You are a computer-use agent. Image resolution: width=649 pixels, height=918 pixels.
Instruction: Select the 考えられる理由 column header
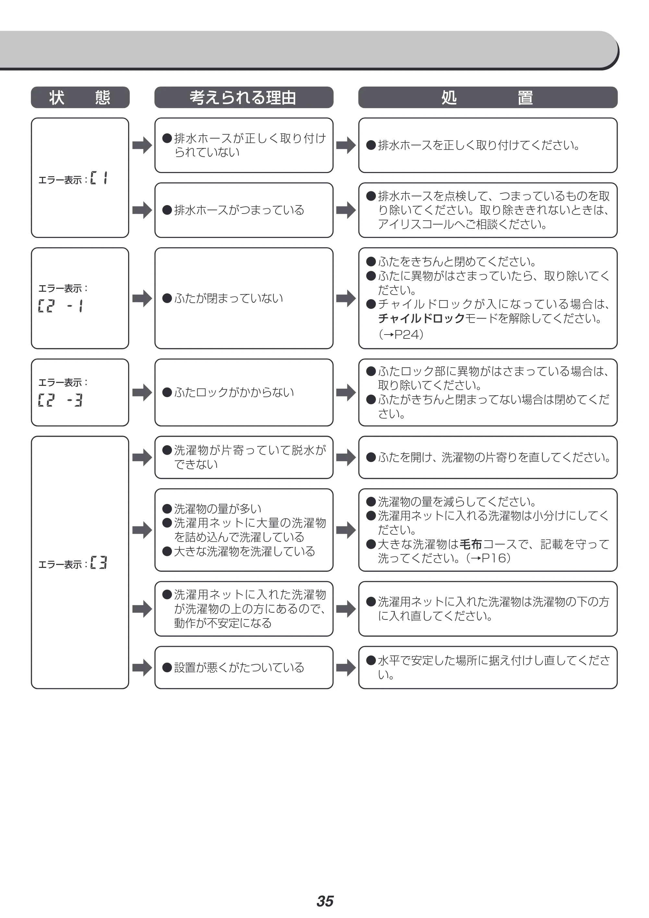(244, 97)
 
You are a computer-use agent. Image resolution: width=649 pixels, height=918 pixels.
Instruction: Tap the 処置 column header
(487, 97)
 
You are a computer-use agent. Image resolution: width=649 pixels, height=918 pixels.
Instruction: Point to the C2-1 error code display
(61, 306)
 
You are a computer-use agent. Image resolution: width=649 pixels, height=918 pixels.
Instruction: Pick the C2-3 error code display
(60, 400)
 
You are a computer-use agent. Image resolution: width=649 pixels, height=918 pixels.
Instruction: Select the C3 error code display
(99, 563)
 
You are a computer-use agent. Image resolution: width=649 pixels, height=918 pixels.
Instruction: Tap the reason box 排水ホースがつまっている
(244, 210)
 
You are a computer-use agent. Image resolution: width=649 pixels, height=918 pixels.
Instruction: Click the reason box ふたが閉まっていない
(244, 298)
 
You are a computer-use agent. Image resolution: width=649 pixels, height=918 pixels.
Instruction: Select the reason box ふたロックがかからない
(244, 393)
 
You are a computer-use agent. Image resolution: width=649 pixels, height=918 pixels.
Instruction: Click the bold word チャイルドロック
(421, 319)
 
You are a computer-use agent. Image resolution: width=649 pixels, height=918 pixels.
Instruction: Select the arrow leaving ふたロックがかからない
(346, 393)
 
